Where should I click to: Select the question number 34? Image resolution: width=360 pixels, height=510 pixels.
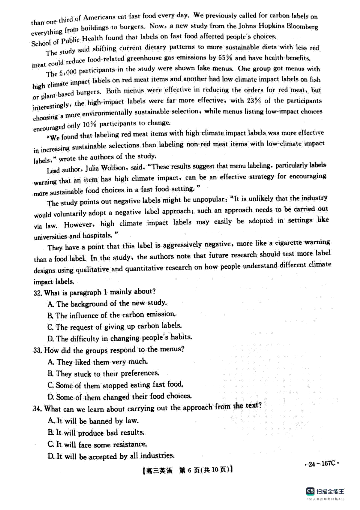point(37,409)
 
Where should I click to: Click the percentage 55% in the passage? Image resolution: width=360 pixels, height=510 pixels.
point(225,57)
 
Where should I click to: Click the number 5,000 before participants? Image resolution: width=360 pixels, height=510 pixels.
point(68,73)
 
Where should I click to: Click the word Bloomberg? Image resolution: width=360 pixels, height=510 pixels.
point(302,26)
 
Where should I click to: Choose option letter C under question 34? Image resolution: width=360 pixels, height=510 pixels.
point(51,444)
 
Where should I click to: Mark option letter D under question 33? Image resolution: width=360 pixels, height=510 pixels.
point(51,397)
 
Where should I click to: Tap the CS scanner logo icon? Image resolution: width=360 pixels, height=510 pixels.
point(310,491)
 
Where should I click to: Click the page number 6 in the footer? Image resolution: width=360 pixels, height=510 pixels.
point(189,470)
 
